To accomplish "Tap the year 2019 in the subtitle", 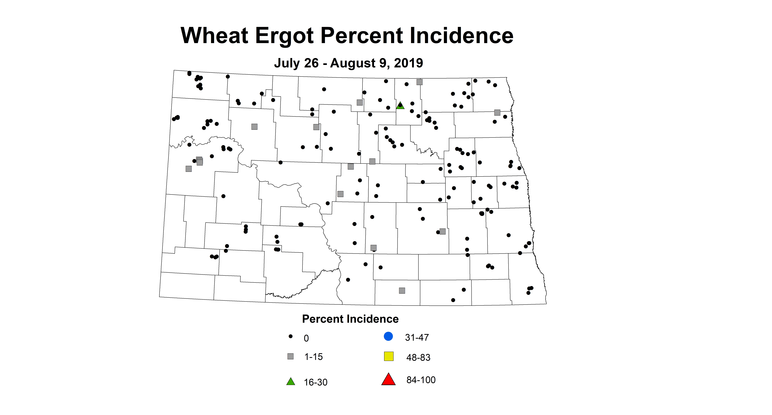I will [x=408, y=63].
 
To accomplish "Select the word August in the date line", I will [x=353, y=63].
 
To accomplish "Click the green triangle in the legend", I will [x=291, y=382].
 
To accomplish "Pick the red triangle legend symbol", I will [x=388, y=379].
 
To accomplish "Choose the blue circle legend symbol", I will [x=388, y=336].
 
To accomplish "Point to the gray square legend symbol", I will [x=290, y=356].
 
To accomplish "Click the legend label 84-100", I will [x=421, y=380].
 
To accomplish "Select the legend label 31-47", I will [x=417, y=337].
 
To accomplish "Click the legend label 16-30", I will [x=316, y=382].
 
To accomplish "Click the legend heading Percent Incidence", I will [x=350, y=319].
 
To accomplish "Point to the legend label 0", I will [x=306, y=338].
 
